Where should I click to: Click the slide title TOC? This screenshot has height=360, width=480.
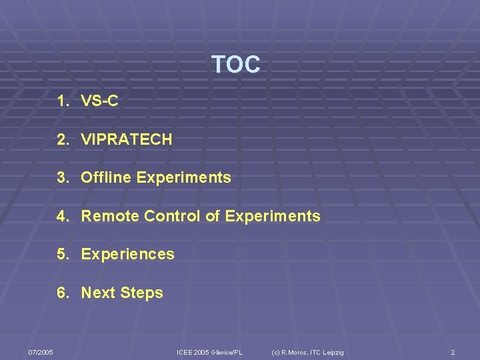[235, 65]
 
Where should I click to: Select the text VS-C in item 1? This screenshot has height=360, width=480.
[99, 101]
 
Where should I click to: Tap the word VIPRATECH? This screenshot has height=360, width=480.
[127, 139]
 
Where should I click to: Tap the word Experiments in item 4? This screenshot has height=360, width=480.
[273, 216]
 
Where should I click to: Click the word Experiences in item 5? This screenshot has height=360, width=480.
[127, 254]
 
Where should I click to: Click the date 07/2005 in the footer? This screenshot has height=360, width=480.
[41, 352]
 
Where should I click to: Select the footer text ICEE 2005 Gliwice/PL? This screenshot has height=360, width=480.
[209, 352]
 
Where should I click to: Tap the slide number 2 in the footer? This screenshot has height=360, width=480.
[453, 352]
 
